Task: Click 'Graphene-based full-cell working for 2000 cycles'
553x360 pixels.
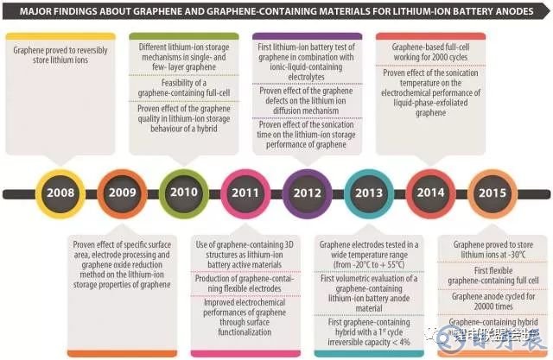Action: [x=429, y=50]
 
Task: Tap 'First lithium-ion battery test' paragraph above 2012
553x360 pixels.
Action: [x=308, y=57]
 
